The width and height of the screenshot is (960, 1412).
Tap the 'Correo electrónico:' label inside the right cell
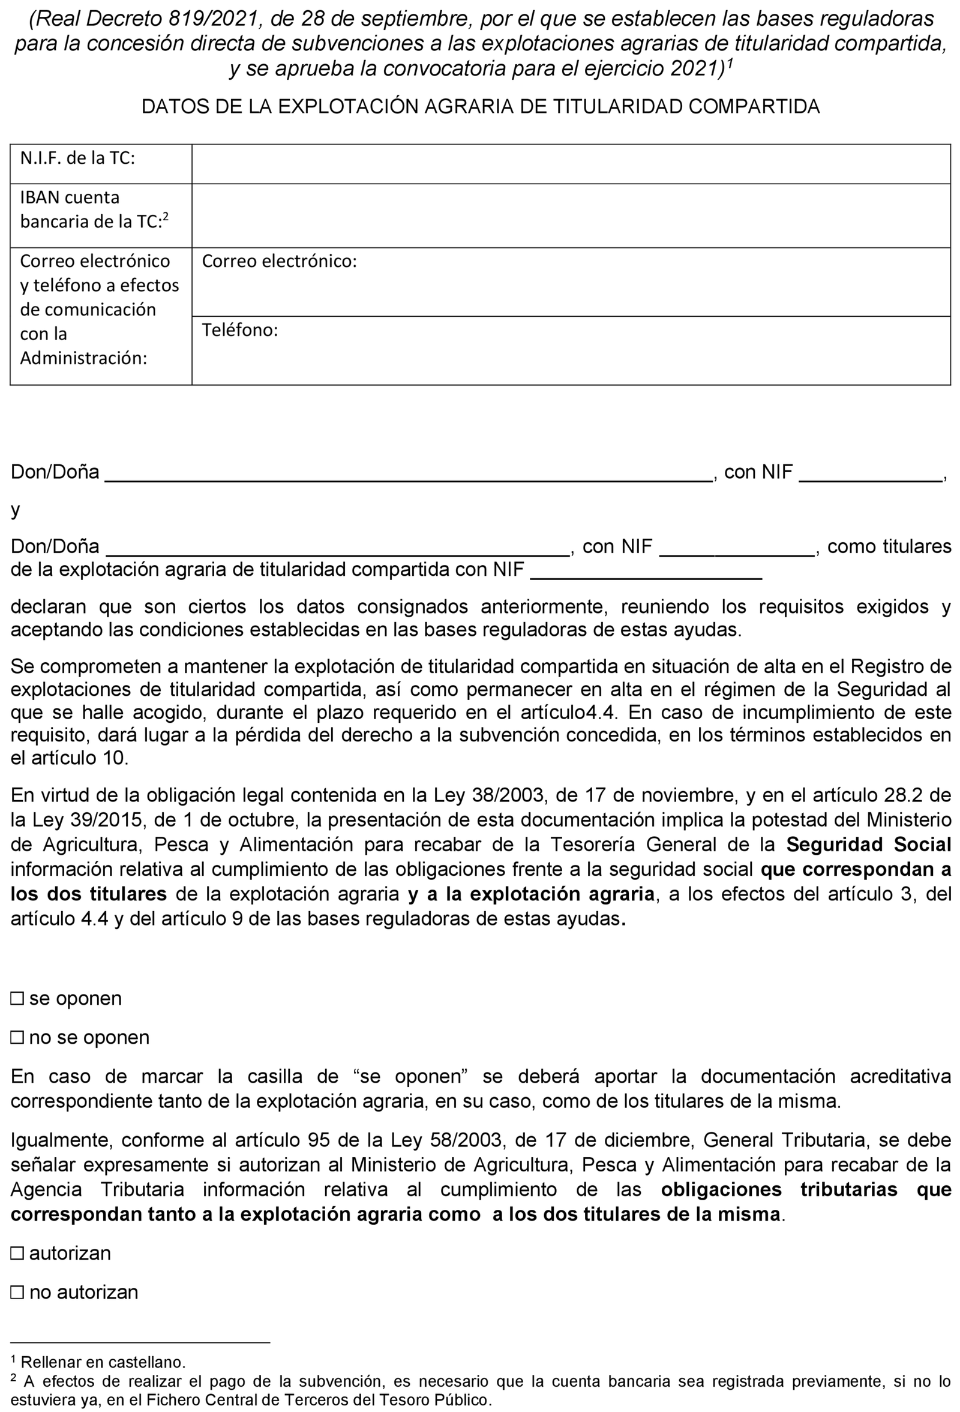(x=279, y=262)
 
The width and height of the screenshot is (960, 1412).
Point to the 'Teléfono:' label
(x=240, y=330)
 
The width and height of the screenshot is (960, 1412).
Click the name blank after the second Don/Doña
(x=338, y=548)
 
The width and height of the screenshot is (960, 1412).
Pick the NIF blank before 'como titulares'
(x=736, y=548)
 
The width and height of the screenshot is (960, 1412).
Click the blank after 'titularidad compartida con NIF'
(x=646, y=571)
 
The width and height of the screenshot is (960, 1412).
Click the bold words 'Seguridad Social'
(x=868, y=845)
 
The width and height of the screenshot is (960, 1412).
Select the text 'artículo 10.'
(x=69, y=758)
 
